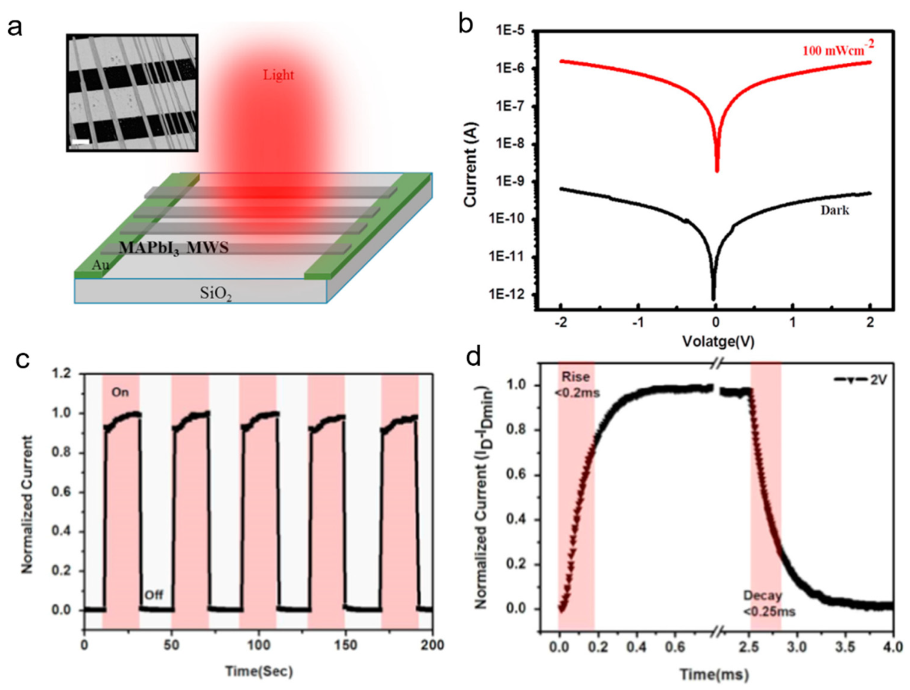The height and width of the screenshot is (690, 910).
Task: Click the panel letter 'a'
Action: tap(15, 28)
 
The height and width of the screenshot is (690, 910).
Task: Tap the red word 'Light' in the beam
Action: tap(278, 75)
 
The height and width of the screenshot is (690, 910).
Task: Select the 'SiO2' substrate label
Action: tap(215, 293)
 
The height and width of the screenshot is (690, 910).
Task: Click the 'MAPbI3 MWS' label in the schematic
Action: tap(173, 248)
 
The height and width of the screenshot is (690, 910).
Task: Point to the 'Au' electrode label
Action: tap(101, 265)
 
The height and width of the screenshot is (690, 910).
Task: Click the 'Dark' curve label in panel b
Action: tap(835, 211)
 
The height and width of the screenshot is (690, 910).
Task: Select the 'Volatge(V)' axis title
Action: tap(718, 341)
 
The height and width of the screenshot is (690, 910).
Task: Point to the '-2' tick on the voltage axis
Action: tap(561, 323)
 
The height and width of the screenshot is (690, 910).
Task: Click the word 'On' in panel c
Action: tap(120, 392)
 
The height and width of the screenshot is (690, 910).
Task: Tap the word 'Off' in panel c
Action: tap(154, 595)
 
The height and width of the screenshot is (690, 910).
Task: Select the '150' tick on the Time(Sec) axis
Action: tap(345, 645)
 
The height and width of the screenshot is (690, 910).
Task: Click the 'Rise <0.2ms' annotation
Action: tap(576, 384)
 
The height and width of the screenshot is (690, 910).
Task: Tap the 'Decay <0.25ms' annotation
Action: tap(769, 603)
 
